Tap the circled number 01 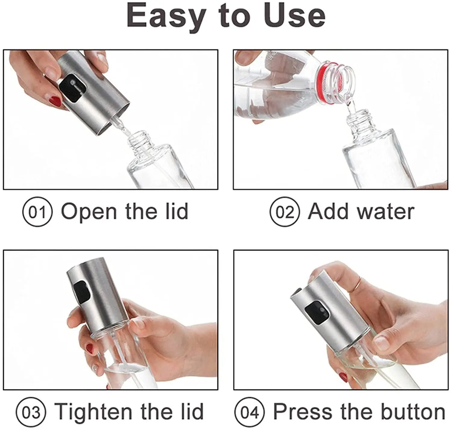click(37, 212)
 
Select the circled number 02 click(285, 212)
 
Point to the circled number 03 click(31, 412)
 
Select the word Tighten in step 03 click(93, 412)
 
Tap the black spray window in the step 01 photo click(73, 89)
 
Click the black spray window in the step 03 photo click(82, 291)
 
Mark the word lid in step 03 click(192, 412)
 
